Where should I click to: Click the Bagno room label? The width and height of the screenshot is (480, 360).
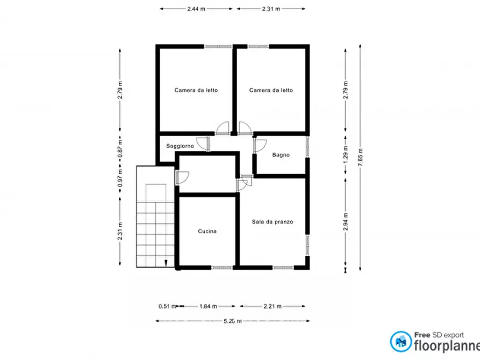coord(281,155)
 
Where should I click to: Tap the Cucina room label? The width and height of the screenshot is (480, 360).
coord(207,231)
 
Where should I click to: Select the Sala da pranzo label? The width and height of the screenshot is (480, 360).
coord(273,221)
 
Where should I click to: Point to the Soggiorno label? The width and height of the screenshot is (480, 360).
coord(180,146)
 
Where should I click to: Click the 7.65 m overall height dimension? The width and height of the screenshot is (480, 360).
coord(360,157)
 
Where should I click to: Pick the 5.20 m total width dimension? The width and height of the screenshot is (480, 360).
coord(233,321)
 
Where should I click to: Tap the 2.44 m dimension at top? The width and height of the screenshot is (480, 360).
coord(196,9)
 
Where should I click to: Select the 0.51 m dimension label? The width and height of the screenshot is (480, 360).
coord(167,306)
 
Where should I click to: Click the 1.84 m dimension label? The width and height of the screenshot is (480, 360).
coord(208,306)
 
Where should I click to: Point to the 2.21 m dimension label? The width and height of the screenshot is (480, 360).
coord(273,306)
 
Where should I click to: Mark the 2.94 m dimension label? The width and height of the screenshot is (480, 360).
coord(346,221)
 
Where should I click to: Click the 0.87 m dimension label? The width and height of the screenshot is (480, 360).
coord(120,148)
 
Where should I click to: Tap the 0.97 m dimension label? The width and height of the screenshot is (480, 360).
coord(120,178)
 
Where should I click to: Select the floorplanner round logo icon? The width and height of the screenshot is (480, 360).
coord(400,342)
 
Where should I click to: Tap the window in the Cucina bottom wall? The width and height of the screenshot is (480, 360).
coord(222,268)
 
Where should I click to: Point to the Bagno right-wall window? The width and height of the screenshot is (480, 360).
coord(307,147)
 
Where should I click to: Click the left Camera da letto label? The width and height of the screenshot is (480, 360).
coord(196,90)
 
